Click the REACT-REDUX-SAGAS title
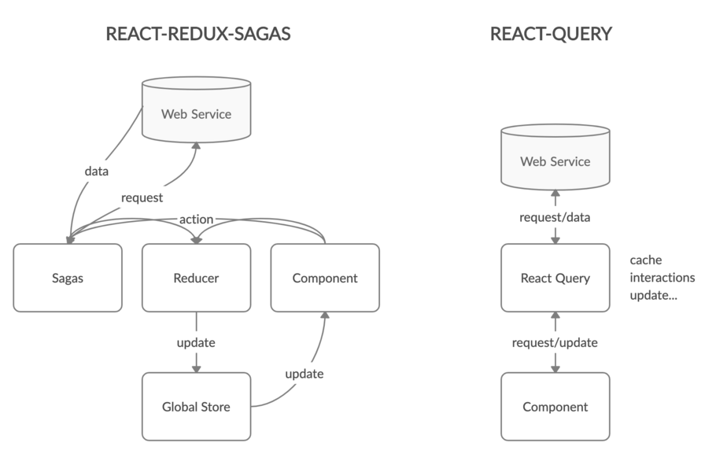[198, 34]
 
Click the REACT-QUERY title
[550, 34]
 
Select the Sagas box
[68, 278]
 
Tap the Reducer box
[196, 278]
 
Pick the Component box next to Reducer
[324, 278]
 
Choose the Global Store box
[196, 407]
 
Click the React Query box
[555, 278]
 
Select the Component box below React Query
[555, 407]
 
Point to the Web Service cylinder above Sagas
[196, 114]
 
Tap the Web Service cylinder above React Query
[555, 161]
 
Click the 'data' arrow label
[95, 171]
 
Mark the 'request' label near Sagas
[142, 198]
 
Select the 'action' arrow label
[196, 218]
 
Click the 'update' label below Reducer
[196, 344]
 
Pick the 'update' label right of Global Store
[304, 374]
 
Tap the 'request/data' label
[555, 217]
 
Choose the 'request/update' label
[555, 343]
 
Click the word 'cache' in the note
[645, 260]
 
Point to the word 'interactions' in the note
[662, 278]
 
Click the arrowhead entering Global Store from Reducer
[196, 367]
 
